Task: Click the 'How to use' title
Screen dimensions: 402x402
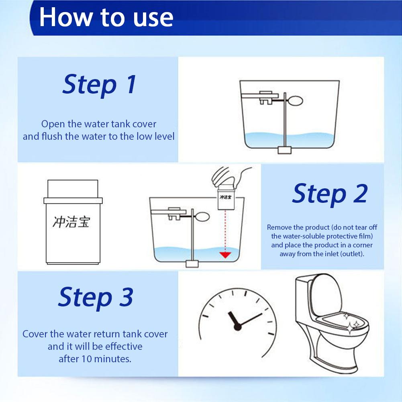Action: (106, 17)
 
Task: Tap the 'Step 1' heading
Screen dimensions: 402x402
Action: (100, 84)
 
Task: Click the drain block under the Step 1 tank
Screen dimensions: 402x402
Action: (285, 150)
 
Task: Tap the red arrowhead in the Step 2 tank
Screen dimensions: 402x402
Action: (225, 255)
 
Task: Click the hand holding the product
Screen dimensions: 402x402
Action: (230, 177)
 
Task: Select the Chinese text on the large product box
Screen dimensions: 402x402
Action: (71, 222)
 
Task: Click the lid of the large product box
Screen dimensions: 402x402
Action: (73, 189)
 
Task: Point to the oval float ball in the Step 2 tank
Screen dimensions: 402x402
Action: (202, 217)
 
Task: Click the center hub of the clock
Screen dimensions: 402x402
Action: (238, 327)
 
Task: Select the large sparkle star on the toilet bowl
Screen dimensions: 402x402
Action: (350, 328)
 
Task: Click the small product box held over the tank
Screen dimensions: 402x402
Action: (226, 199)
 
